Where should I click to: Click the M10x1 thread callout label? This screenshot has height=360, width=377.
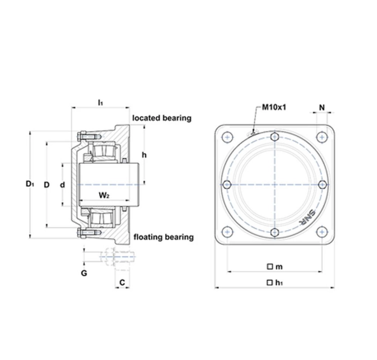[x=274, y=108]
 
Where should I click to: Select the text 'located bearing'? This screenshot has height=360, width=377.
[x=162, y=118]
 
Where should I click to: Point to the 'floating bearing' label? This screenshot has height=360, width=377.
[x=164, y=237]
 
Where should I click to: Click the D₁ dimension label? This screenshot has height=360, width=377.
[x=30, y=185]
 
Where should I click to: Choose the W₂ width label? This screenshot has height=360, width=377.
[x=104, y=195]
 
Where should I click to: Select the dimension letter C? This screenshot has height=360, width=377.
[x=122, y=282]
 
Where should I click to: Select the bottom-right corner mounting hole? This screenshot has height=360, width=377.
[x=322, y=232]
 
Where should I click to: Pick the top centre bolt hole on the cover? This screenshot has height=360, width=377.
[x=274, y=137]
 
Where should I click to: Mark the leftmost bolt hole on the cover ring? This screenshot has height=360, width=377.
[x=227, y=185]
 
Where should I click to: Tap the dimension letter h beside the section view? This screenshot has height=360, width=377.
[x=144, y=155]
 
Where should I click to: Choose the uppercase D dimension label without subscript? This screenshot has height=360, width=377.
[x=47, y=185]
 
